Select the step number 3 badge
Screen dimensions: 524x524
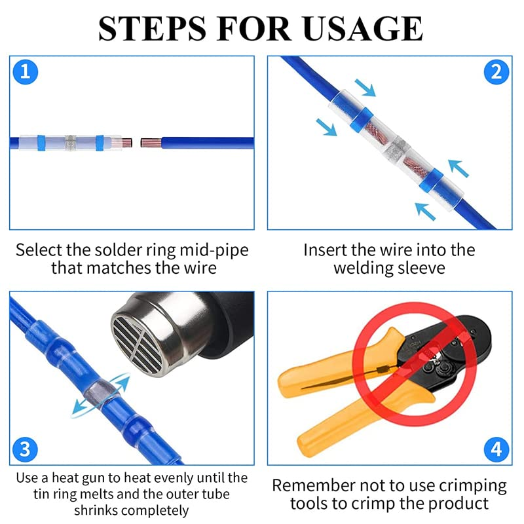click(x=26, y=449)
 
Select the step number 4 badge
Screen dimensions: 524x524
click(x=496, y=449)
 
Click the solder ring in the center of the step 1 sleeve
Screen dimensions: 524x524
click(x=73, y=141)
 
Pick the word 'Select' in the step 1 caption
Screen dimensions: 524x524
click(x=38, y=250)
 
